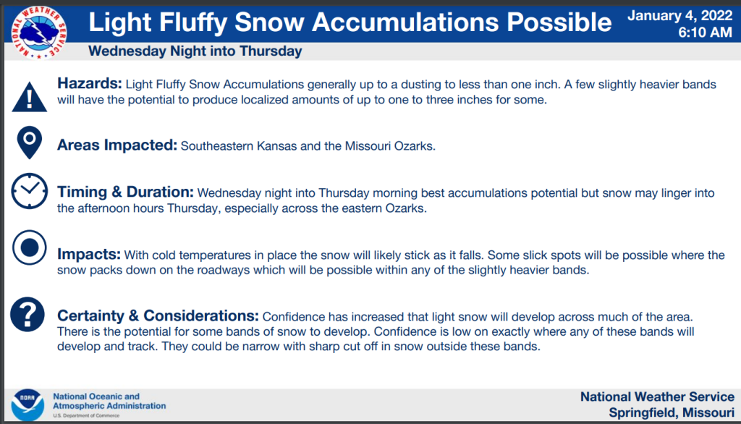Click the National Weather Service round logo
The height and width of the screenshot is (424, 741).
tap(39, 32)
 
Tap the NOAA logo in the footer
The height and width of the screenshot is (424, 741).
tap(27, 404)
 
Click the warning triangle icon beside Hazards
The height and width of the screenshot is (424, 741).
tap(29, 97)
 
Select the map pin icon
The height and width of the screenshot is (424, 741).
tap(29, 143)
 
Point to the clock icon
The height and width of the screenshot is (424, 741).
tap(29, 191)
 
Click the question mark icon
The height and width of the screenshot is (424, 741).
tap(27, 314)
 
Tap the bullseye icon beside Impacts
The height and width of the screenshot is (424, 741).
tap(29, 247)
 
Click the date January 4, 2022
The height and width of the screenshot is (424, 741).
tap(679, 16)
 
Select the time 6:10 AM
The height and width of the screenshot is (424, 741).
tap(705, 32)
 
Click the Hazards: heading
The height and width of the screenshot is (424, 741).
tap(89, 83)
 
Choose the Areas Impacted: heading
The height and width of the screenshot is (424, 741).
tap(117, 145)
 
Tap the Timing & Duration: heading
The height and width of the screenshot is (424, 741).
tap(125, 192)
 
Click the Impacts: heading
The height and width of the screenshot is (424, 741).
tap(89, 254)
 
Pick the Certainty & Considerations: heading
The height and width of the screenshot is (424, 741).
tap(158, 315)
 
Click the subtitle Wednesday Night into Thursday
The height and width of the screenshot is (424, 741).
tap(195, 51)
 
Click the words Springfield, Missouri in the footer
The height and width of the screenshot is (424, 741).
tap(672, 412)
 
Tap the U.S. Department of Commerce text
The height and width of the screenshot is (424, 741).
tap(86, 415)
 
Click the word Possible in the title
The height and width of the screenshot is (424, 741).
tap(559, 22)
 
